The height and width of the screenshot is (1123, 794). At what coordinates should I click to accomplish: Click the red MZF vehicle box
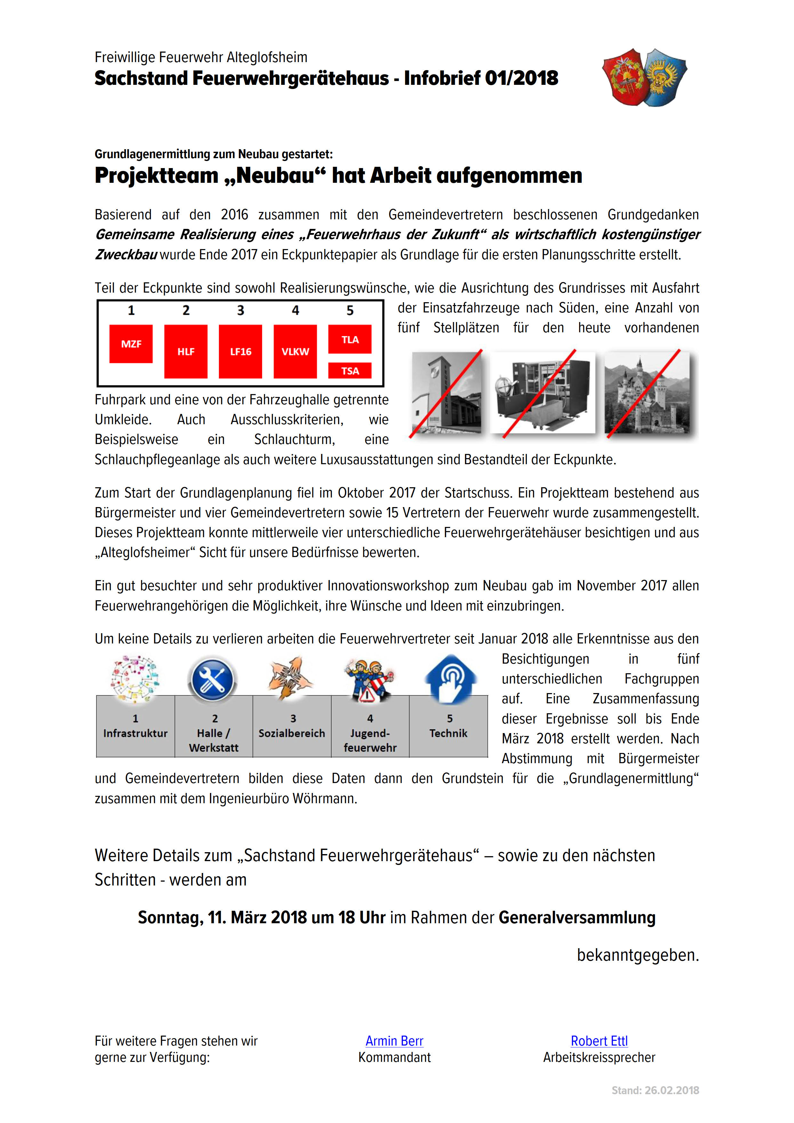point(131,343)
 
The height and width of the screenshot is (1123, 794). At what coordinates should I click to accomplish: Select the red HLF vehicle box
point(186,351)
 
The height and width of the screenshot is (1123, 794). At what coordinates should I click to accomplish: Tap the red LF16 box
point(241,351)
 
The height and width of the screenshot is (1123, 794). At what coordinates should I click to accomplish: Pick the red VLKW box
point(295,351)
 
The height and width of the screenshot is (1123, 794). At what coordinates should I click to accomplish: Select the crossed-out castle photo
point(647,393)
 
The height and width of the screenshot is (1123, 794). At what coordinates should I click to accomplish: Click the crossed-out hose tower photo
point(446,393)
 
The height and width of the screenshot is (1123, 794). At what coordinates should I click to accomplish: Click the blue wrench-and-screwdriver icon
point(213,679)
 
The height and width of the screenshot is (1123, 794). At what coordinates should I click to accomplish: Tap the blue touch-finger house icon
point(449,679)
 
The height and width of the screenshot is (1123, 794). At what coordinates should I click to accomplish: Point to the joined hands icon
point(291,678)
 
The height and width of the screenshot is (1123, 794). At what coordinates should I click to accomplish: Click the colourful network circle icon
point(134,679)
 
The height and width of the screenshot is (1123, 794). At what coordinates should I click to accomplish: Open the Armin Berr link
point(394,1040)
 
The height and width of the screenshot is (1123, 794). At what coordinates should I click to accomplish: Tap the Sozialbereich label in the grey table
point(292,733)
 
